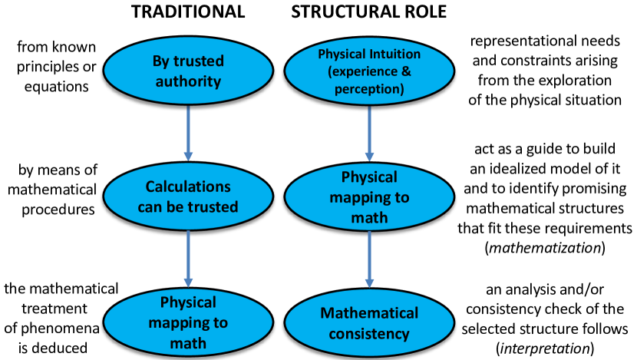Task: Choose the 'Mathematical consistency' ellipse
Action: pos(370,323)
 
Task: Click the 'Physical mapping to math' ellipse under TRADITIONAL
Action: pos(188,322)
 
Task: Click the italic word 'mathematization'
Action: pos(554,248)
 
